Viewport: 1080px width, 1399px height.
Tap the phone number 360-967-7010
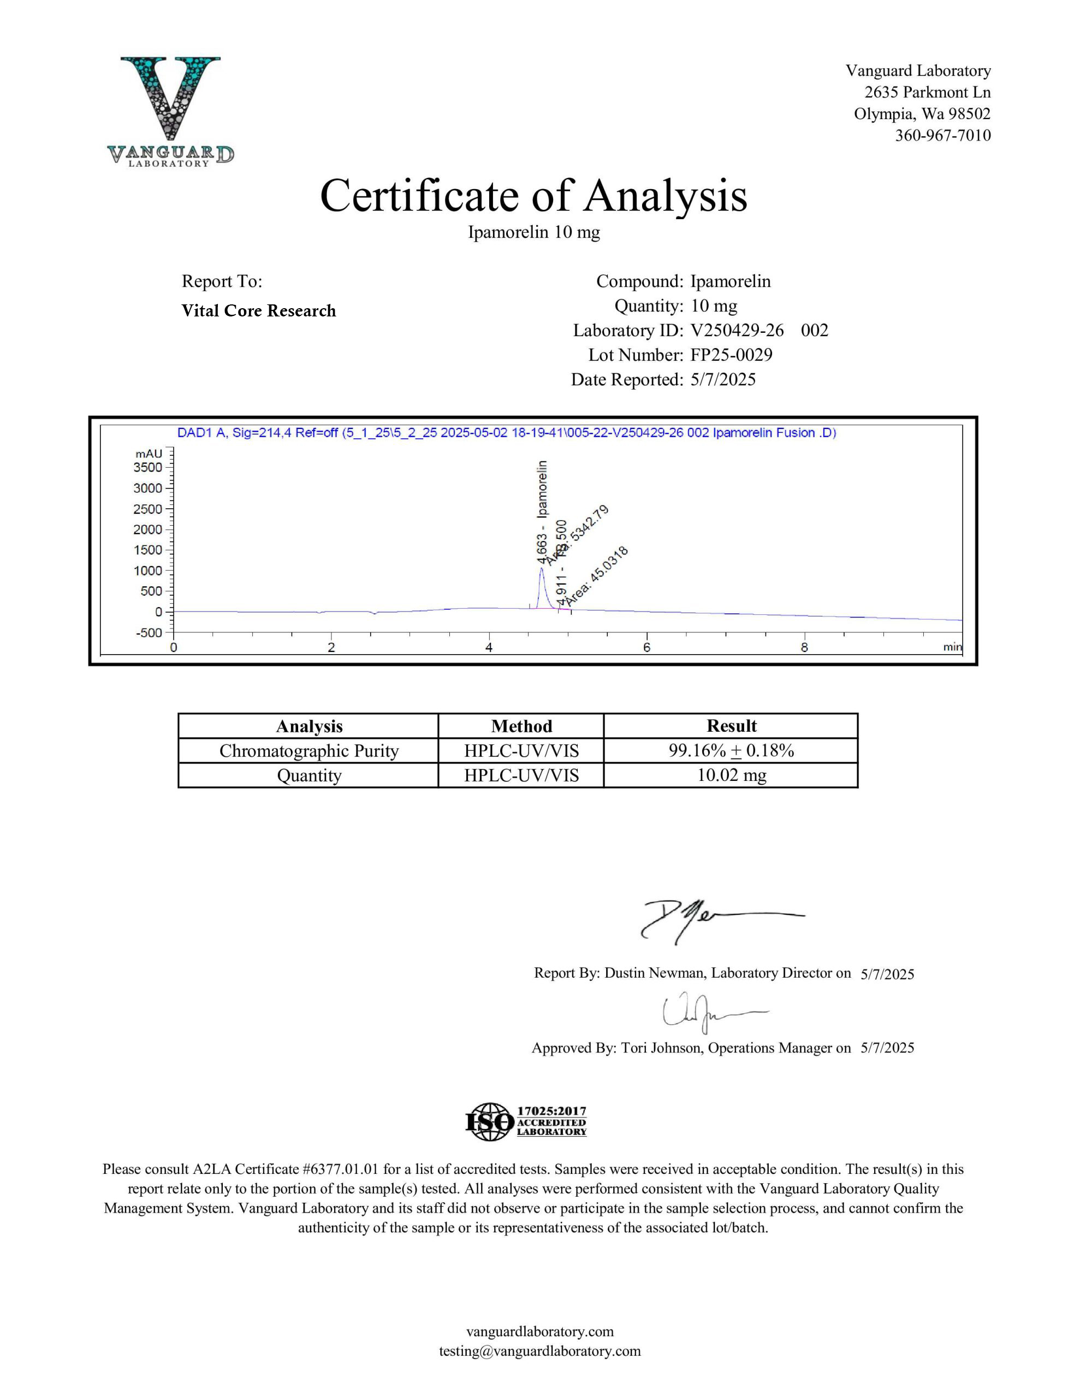coord(942,135)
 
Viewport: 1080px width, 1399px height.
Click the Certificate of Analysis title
coord(533,196)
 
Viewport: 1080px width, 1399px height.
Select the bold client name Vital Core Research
coord(259,310)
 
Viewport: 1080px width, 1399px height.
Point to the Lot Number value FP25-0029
coord(731,355)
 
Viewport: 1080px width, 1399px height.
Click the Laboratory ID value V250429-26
coord(737,331)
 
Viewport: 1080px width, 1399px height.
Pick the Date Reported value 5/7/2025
coord(723,380)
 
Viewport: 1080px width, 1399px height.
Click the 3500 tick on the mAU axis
coord(148,468)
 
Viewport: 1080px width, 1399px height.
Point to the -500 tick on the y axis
coord(149,633)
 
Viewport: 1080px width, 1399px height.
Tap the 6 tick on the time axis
coord(646,648)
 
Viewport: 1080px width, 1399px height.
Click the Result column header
coord(731,726)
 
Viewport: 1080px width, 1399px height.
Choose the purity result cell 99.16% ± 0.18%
coord(731,751)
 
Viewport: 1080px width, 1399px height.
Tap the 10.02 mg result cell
coord(731,775)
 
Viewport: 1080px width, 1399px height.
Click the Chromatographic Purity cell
coord(308,751)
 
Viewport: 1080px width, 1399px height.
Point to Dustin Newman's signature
coord(710,919)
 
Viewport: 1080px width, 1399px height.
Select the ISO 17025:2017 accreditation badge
coord(526,1121)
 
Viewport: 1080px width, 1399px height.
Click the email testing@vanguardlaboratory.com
coord(539,1351)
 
